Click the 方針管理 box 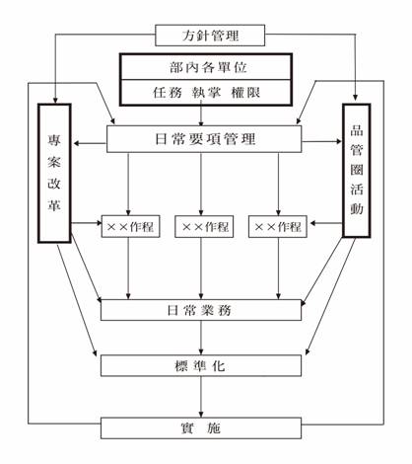[210, 36]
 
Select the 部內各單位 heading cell [206, 67]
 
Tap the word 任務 [168, 93]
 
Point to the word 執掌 [206, 93]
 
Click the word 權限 [245, 93]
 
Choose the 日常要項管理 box [204, 139]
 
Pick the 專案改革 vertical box [54, 174]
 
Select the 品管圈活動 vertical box [357, 171]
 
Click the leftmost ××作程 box [130, 226]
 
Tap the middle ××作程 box [204, 226]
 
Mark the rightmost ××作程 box [278, 226]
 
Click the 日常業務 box [201, 310]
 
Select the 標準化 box [201, 365]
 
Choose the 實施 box [201, 428]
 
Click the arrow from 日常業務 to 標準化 [201, 338]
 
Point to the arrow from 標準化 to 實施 [201, 397]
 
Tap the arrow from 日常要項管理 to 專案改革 [90, 143]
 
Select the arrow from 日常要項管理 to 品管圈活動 [322, 142]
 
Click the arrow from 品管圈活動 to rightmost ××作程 [326, 223]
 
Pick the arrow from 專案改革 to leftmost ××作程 [87, 223]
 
